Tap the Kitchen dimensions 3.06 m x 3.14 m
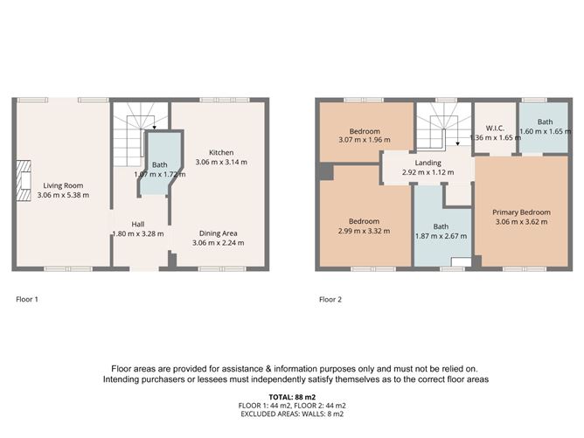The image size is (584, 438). point(220,162)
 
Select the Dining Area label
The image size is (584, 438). point(219,233)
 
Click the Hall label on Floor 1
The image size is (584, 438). point(137,223)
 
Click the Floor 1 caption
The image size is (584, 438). point(29,300)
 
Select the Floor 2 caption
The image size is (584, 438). point(330,300)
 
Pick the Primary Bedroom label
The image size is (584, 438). point(521,212)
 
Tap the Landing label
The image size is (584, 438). point(428,163)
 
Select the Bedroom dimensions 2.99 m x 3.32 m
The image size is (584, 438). point(363,231)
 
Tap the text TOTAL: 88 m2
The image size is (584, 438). point(292,396)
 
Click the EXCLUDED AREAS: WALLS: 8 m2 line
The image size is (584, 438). point(292,414)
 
